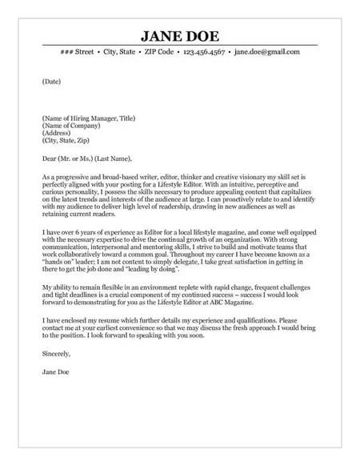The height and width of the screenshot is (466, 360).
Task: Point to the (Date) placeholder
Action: pyautogui.click(x=51, y=81)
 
